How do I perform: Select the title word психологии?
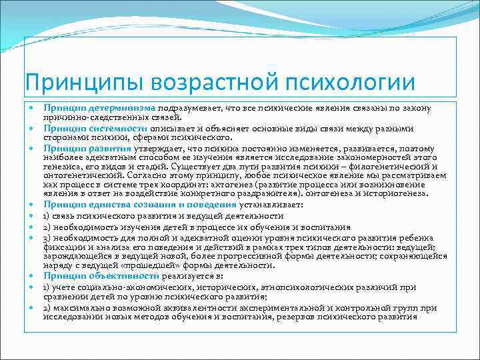point(351,83)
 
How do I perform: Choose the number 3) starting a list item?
point(48,237)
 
